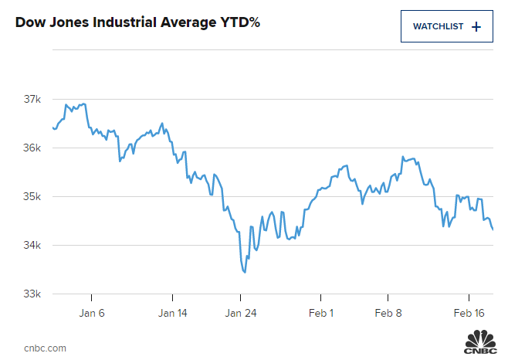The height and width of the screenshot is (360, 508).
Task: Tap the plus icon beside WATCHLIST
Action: (476, 26)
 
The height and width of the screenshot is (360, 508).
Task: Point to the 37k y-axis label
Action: (32, 99)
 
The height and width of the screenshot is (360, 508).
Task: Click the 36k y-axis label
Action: (32, 148)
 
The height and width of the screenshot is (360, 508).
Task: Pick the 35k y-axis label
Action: (32, 196)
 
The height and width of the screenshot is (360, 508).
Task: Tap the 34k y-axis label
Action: (32, 245)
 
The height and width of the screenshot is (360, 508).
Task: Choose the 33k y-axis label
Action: (32, 294)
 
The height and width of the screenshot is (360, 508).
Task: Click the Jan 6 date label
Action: (91, 313)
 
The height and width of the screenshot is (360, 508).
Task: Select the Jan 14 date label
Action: (172, 313)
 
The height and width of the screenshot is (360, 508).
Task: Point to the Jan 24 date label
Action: (240, 313)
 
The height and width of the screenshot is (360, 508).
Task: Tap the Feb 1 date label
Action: (321, 313)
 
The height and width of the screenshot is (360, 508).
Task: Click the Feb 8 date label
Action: (388, 313)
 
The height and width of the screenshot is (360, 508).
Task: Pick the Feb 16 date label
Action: (469, 313)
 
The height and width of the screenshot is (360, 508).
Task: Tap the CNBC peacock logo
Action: (480, 341)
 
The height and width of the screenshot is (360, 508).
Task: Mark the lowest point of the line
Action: (245, 272)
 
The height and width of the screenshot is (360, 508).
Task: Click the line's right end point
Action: (493, 229)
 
